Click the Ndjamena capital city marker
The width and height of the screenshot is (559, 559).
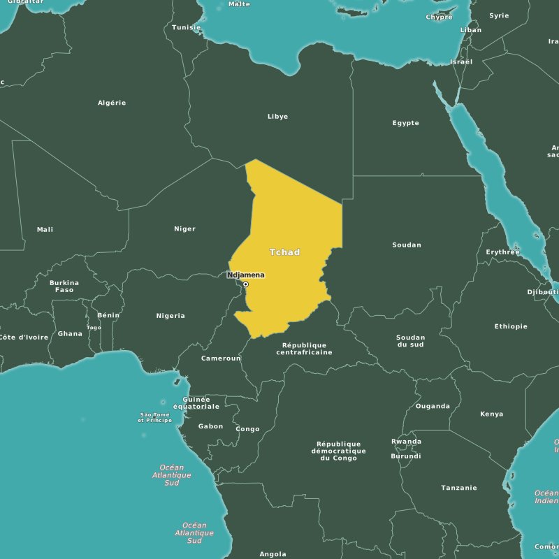(246, 284)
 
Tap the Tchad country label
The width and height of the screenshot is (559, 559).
(284, 252)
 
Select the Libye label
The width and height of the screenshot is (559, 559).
(277, 117)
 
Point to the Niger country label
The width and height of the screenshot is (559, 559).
(184, 229)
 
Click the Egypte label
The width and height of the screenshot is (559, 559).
(405, 123)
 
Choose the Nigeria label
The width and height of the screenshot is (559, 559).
(170, 316)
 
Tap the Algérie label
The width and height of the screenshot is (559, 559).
(112, 103)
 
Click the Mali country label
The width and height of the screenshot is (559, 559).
(45, 230)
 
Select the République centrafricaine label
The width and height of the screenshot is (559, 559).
(304, 349)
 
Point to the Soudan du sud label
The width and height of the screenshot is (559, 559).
(410, 341)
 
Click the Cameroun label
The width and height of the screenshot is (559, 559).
(221, 358)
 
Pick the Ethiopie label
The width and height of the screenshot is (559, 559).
(511, 326)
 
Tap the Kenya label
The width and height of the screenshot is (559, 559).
(491, 414)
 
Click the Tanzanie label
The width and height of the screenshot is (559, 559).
(459, 488)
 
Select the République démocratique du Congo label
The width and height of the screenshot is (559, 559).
(339, 451)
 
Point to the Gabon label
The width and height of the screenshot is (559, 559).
(210, 426)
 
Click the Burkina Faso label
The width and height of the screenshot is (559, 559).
(64, 286)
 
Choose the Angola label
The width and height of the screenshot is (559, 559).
(273, 554)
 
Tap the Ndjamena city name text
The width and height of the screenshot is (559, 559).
(246, 275)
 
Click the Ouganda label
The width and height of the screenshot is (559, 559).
(433, 406)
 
